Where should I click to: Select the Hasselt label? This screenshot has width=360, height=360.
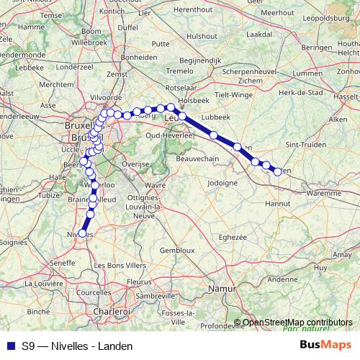click(347, 96)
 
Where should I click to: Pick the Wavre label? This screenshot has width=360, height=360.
click(155, 185)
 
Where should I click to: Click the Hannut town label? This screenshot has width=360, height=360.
click(278, 204)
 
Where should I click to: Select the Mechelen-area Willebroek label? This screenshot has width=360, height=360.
click(90, 42)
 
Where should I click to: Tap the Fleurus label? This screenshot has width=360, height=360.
click(139, 282)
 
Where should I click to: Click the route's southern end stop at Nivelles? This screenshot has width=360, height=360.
click(82, 233)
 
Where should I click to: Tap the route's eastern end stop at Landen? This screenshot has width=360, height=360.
click(277, 171)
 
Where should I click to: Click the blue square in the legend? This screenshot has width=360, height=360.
click(10, 346)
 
